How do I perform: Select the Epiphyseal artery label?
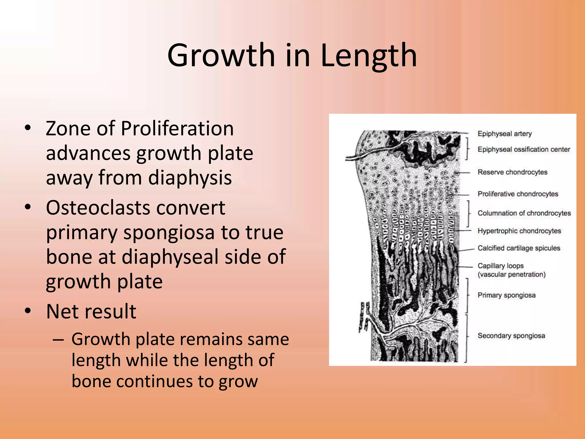pyautogui.click(x=504, y=134)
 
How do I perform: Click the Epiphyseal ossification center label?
pyautogui.click(x=524, y=149)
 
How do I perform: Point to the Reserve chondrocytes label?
pyautogui.click(x=512, y=172)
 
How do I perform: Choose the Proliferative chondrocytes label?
pyautogui.click(x=518, y=194)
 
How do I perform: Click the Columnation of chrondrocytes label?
pyautogui.click(x=524, y=213)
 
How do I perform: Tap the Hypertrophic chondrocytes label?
pyautogui.click(x=519, y=231)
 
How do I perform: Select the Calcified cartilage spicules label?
pyautogui.click(x=519, y=248)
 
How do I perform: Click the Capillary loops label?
pyautogui.click(x=500, y=266)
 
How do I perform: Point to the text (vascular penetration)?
pyautogui.click(x=511, y=275)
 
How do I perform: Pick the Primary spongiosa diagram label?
pyautogui.click(x=506, y=295)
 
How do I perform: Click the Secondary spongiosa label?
pyautogui.click(x=511, y=336)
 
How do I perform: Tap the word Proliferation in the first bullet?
pyautogui.click(x=177, y=128)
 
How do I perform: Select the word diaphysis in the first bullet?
pyautogui.click(x=190, y=177)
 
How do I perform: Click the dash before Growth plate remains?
pyautogui.click(x=58, y=340)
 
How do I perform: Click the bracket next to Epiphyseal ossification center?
pyautogui.click(x=467, y=149)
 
